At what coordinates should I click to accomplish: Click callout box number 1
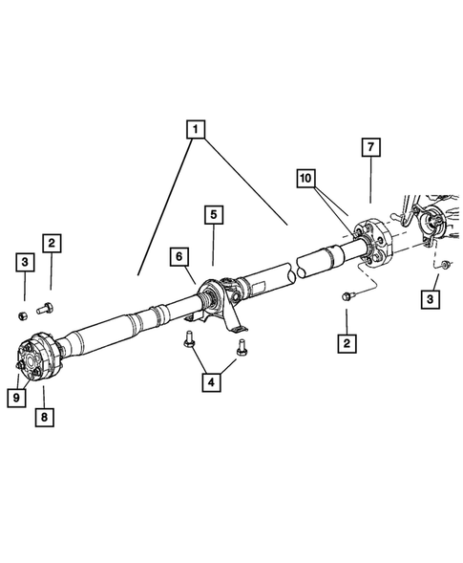coord(195,127)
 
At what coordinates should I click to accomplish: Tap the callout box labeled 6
coord(179,256)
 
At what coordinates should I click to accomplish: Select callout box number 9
coord(16,397)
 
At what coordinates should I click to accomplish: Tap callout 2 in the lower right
coord(346,341)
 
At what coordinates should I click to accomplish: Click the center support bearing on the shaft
coord(218,292)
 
